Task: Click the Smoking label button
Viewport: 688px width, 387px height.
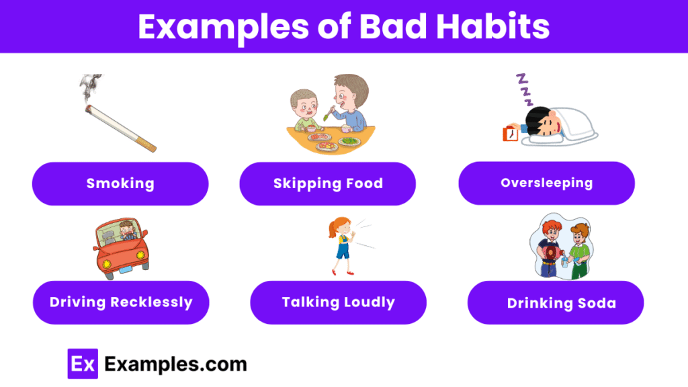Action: point(120,184)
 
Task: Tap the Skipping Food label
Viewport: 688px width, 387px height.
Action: point(328,184)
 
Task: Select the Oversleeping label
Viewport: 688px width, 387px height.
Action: point(547,183)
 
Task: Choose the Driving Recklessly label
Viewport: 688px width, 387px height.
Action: point(121,302)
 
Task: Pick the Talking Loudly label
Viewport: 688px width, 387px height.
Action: point(339,302)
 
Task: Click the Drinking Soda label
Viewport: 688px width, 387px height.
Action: point(556,303)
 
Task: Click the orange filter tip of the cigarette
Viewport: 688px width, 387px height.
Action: point(146,145)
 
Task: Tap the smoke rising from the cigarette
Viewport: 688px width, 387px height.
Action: point(90,87)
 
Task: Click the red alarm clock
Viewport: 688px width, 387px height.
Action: point(511,134)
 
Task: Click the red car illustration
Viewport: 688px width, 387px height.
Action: point(121,249)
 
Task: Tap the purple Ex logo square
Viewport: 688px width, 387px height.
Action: point(83,363)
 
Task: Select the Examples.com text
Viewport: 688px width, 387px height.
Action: point(175,364)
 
